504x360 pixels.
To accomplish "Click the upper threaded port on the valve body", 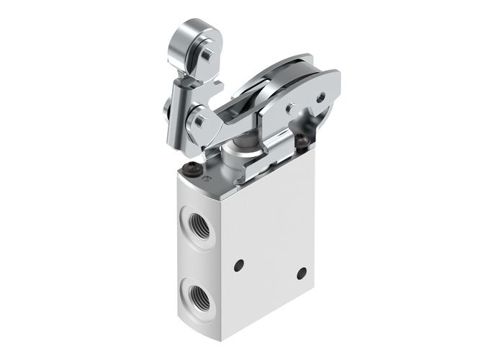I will point(200,227).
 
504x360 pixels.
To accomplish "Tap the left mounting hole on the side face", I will point(239,265).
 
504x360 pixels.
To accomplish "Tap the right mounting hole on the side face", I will point(301,273).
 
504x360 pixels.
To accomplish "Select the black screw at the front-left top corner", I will point(192,170).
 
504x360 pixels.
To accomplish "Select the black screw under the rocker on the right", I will point(302,141).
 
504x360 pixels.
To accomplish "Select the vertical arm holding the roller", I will point(178,108).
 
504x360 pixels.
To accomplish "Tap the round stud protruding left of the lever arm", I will point(166,109).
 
